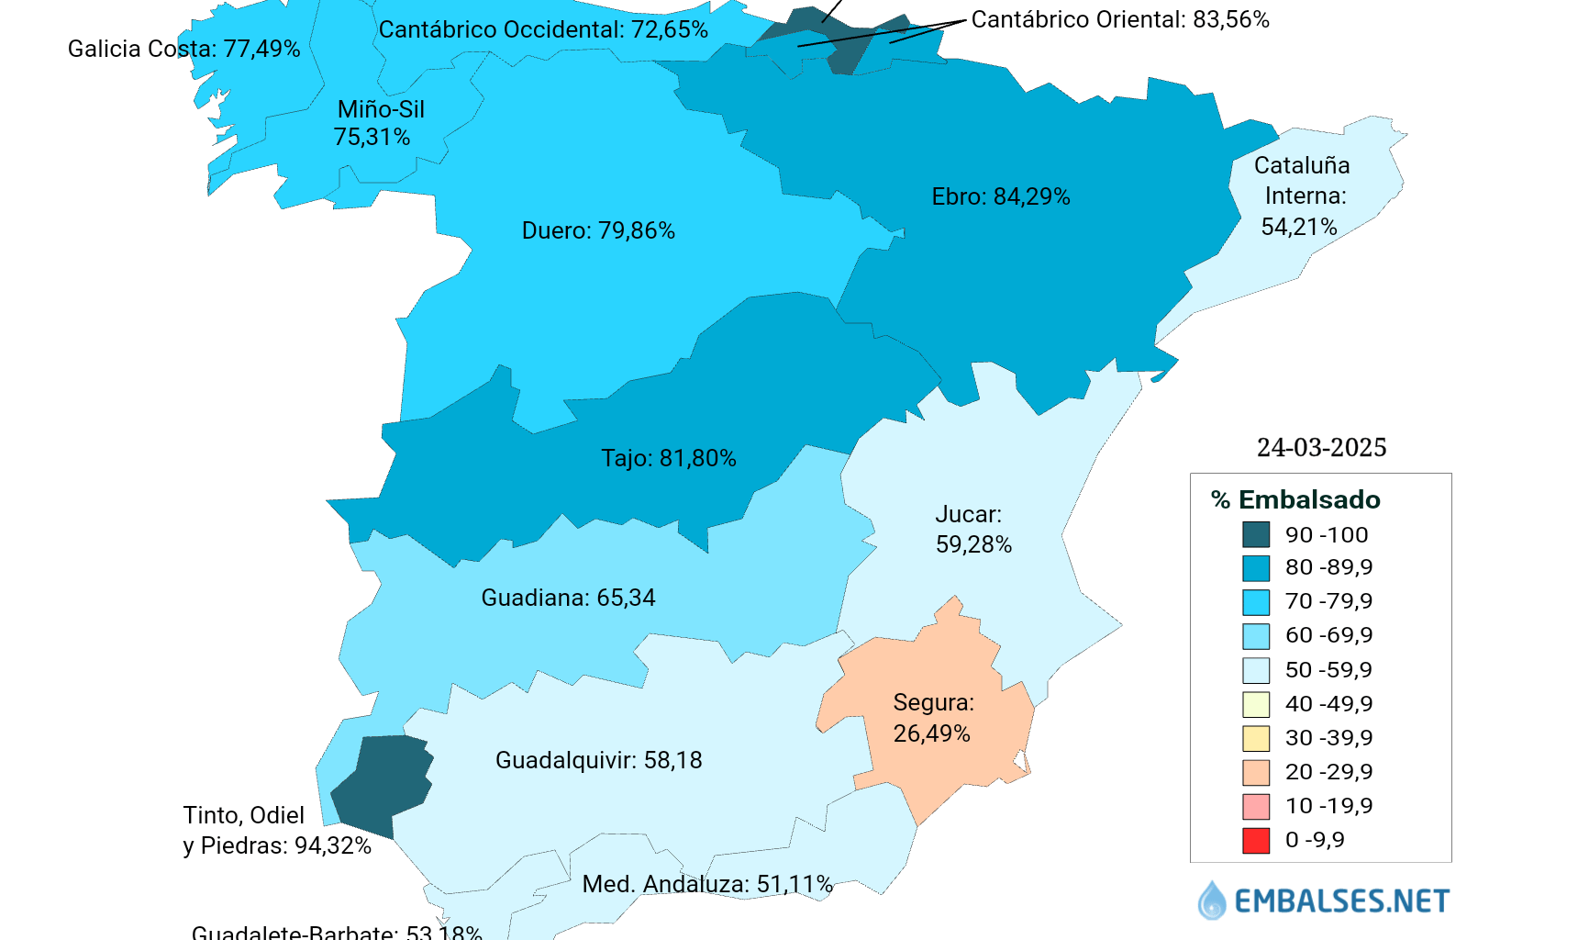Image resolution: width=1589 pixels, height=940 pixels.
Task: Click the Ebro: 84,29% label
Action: click(1000, 196)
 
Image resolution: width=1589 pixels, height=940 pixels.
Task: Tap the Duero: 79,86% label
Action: click(598, 230)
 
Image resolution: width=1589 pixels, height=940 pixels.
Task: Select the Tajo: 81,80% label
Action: click(668, 458)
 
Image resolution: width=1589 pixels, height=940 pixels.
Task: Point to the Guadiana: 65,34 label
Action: click(568, 598)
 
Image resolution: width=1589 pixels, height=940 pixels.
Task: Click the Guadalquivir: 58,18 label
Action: click(598, 760)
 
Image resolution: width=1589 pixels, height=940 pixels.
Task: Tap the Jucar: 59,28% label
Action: click(972, 529)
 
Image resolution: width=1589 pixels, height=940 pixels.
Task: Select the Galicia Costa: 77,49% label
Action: click(183, 49)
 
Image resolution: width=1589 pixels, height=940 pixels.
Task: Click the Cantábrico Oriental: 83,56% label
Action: click(1119, 19)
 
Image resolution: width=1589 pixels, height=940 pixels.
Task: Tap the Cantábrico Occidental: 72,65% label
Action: click(543, 29)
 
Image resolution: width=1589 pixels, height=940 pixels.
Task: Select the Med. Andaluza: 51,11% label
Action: click(707, 884)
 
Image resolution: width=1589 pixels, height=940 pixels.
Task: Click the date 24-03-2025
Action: click(1321, 447)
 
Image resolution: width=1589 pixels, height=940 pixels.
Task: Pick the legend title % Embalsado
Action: click(1295, 499)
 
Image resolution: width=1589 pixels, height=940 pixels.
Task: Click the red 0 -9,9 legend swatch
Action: click(1256, 840)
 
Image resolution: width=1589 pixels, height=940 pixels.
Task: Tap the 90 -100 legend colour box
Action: click(1256, 534)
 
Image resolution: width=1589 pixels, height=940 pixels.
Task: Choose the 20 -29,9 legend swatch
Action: click(1256, 772)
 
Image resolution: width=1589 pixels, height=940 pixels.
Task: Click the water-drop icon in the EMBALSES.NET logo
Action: click(1211, 901)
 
